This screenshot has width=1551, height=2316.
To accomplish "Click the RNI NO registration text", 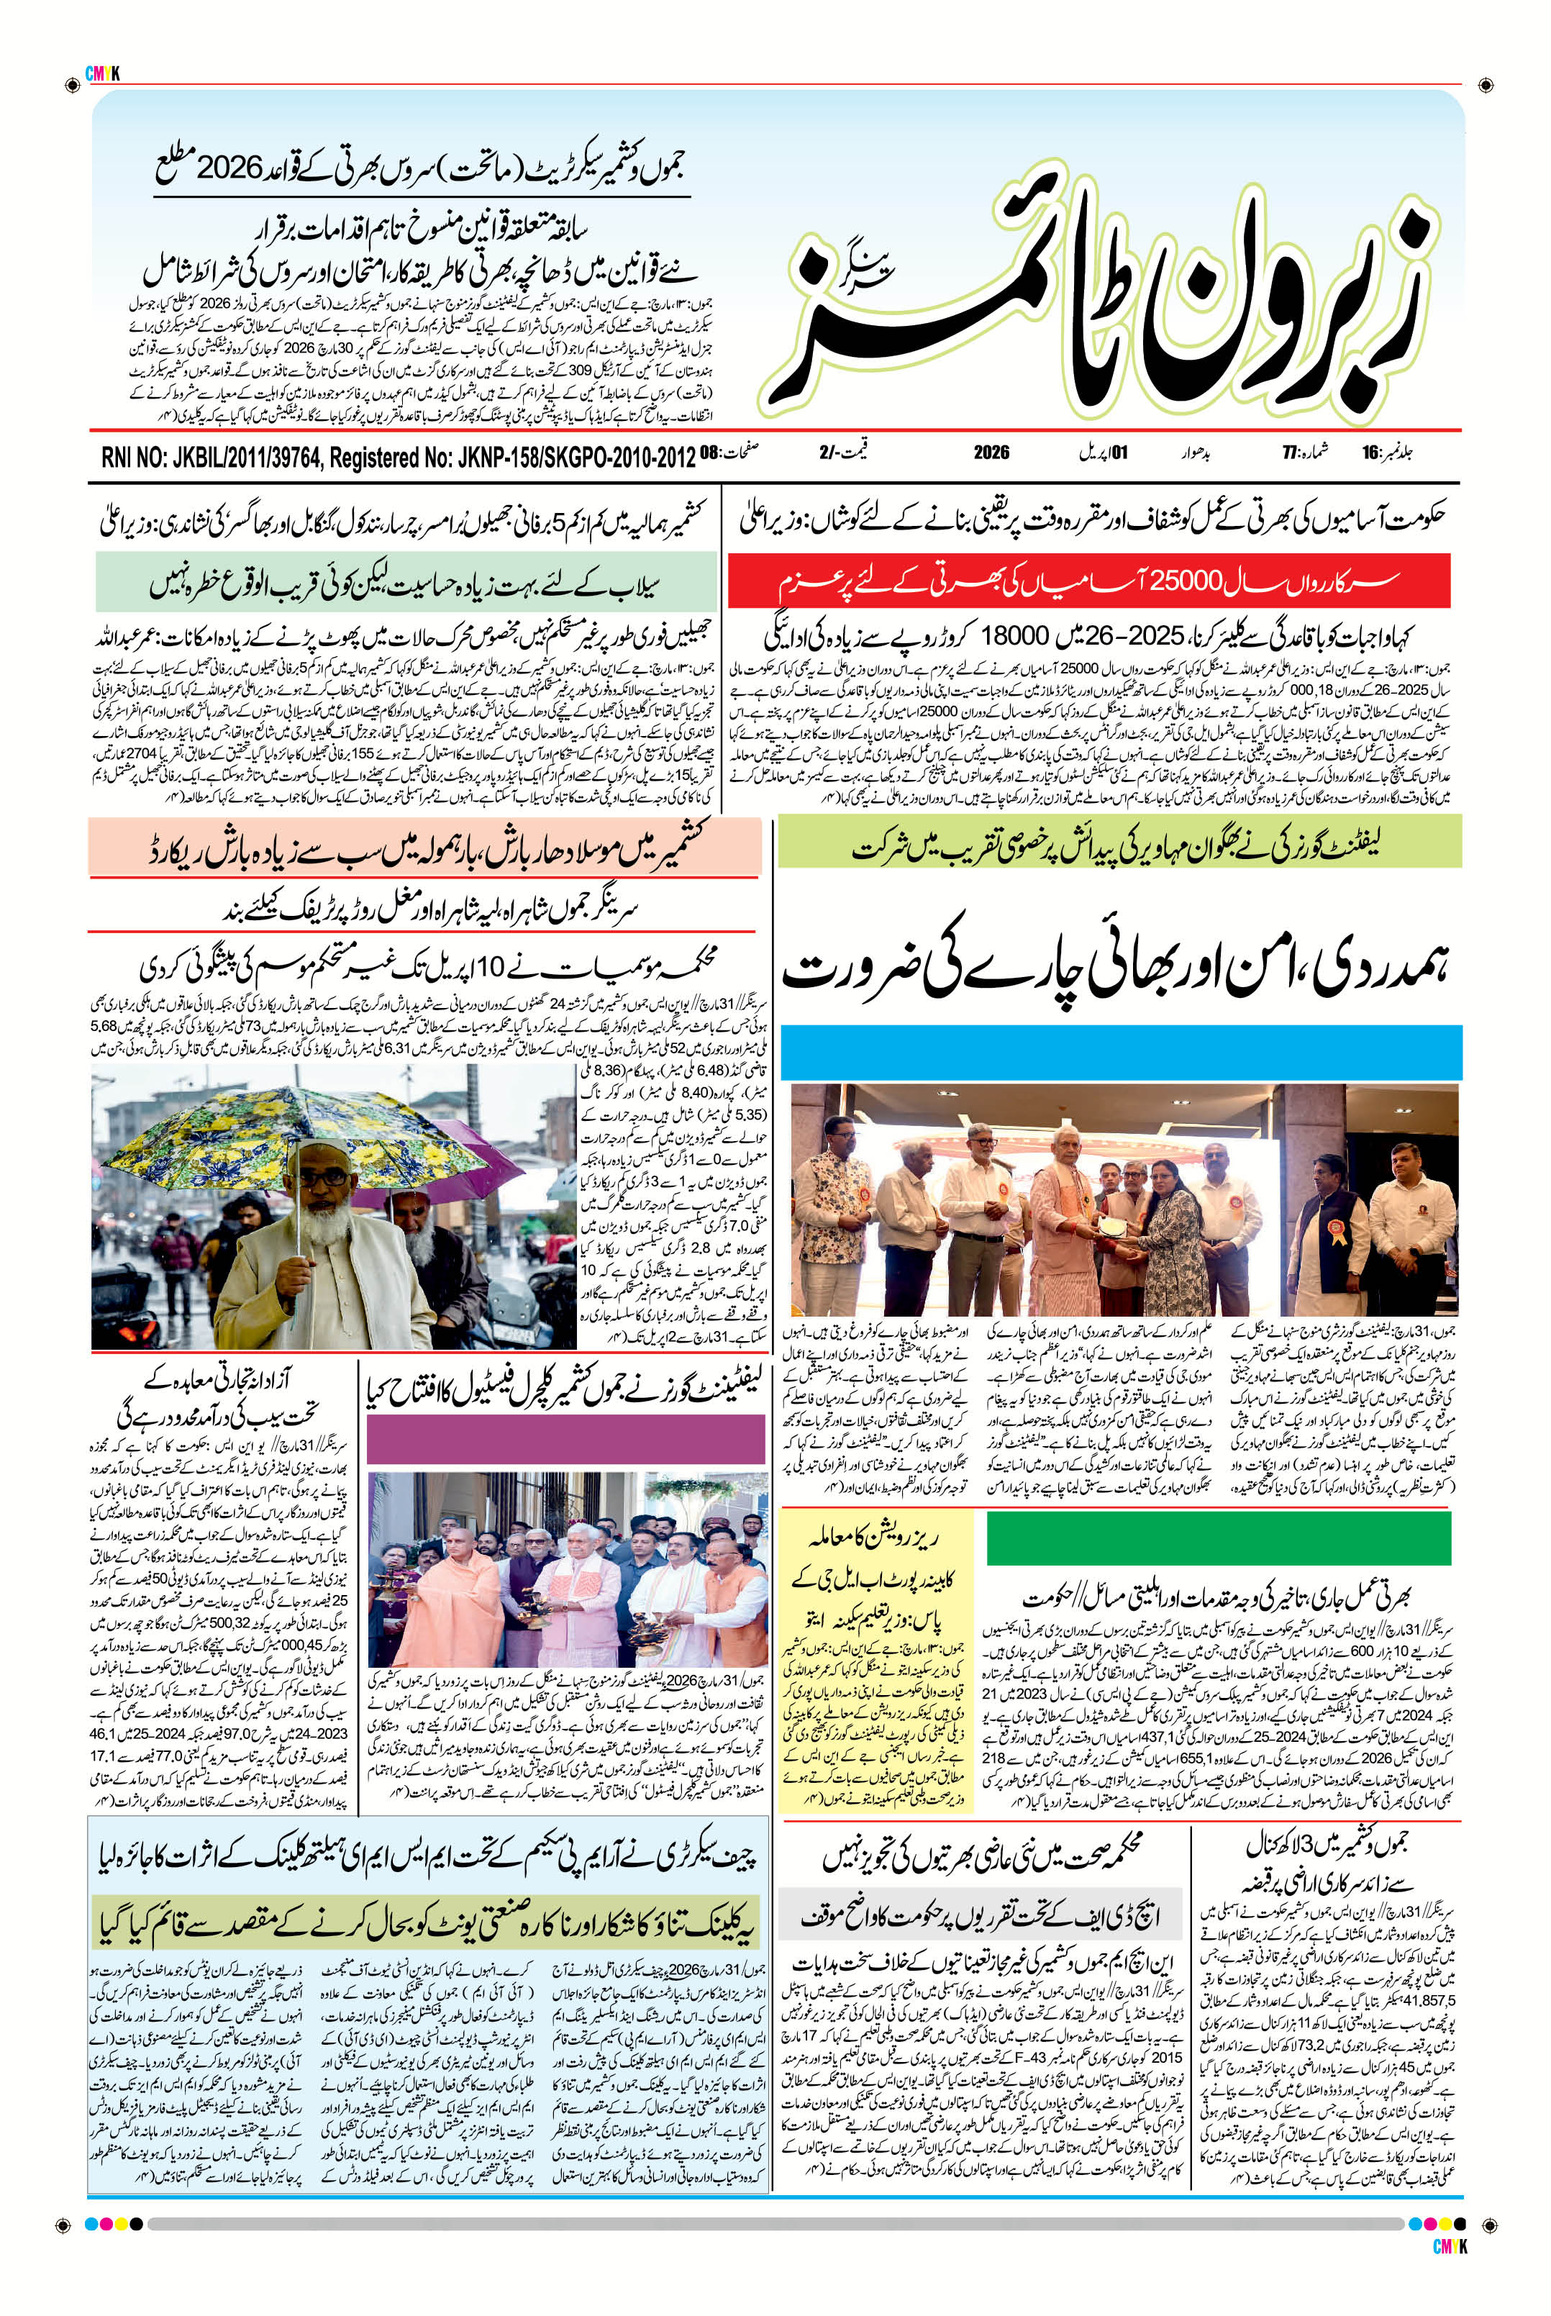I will click(396, 457).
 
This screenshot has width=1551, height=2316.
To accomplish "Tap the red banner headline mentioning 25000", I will click(1088, 582).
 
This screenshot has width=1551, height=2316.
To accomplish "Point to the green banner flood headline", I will click(406, 583).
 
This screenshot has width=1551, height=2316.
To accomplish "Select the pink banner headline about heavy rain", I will click(424, 849).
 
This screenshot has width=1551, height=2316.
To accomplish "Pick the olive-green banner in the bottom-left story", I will click(427, 1925).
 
